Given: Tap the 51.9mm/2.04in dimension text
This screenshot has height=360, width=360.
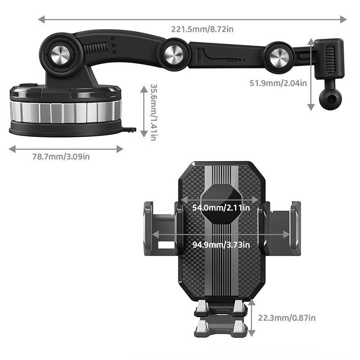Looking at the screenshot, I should [x=279, y=82].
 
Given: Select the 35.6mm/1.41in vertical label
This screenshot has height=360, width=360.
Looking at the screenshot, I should [x=153, y=112].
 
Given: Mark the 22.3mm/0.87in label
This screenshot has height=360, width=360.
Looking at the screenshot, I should [x=287, y=318].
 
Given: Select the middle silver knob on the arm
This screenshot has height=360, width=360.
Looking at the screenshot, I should [x=174, y=54].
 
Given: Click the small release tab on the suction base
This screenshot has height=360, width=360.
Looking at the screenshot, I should [x=130, y=130].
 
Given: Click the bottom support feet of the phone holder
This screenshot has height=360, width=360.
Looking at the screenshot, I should [x=220, y=319].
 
